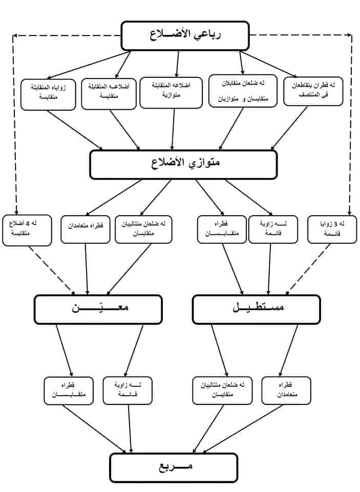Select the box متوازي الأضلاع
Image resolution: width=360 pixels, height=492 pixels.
[183, 164]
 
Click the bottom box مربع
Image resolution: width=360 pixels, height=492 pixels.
[174, 467]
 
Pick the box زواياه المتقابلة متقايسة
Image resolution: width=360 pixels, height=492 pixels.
[48, 94]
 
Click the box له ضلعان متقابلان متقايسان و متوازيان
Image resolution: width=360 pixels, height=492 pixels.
[243, 90]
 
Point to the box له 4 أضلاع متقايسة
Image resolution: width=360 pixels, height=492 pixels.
[27, 229]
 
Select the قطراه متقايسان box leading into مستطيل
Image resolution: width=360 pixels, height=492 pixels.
[221, 229]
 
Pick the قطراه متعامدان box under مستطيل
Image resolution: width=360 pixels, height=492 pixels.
[286, 391]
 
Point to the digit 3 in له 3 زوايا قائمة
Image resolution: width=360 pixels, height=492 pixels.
[342, 224]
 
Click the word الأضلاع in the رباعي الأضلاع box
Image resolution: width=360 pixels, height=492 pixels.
[168, 35]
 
